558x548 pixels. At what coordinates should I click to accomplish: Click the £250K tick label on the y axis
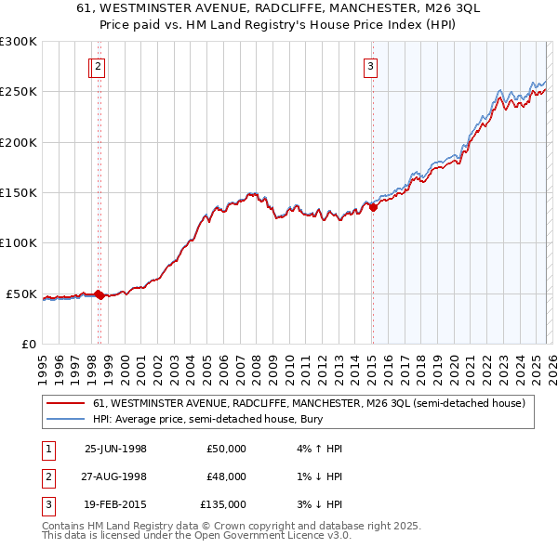(19, 92)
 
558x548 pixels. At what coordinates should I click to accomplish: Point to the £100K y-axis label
(19, 242)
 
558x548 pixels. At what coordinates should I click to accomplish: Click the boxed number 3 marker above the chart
(370, 66)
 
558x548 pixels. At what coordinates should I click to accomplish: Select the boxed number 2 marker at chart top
(99, 66)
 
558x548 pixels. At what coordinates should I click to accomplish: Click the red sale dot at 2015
(373, 208)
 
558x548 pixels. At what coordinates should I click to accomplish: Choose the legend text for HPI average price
(196, 420)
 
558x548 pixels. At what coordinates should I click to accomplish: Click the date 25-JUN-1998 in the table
(115, 449)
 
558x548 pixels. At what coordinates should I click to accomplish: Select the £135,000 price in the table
(224, 504)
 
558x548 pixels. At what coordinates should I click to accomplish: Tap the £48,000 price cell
(227, 476)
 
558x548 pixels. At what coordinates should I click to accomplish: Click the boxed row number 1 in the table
(46, 449)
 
